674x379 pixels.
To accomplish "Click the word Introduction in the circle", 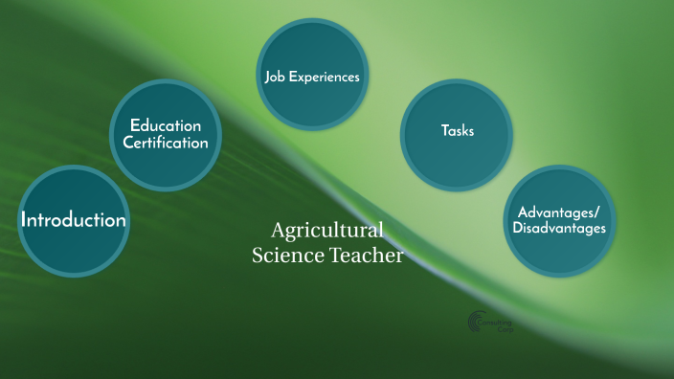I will pyautogui.click(x=74, y=220).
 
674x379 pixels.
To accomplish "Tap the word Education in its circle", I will pyautogui.click(x=166, y=125).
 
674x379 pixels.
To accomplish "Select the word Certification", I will pyautogui.click(x=166, y=143).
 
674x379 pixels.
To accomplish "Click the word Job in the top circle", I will pyautogui.click(x=275, y=77).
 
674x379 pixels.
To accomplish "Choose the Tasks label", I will pyautogui.click(x=457, y=131).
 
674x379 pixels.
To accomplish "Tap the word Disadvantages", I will pyautogui.click(x=559, y=229).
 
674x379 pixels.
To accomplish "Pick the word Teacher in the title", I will pyautogui.click(x=368, y=256).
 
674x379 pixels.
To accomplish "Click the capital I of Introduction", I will pyautogui.click(x=25, y=220).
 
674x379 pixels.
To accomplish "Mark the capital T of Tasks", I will pyautogui.click(x=443, y=131).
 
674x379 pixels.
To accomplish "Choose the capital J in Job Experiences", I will pyautogui.click(x=267, y=77).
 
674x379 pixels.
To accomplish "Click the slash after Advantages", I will pyautogui.click(x=599, y=212).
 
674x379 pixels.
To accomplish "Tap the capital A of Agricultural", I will pyautogui.click(x=279, y=231).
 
